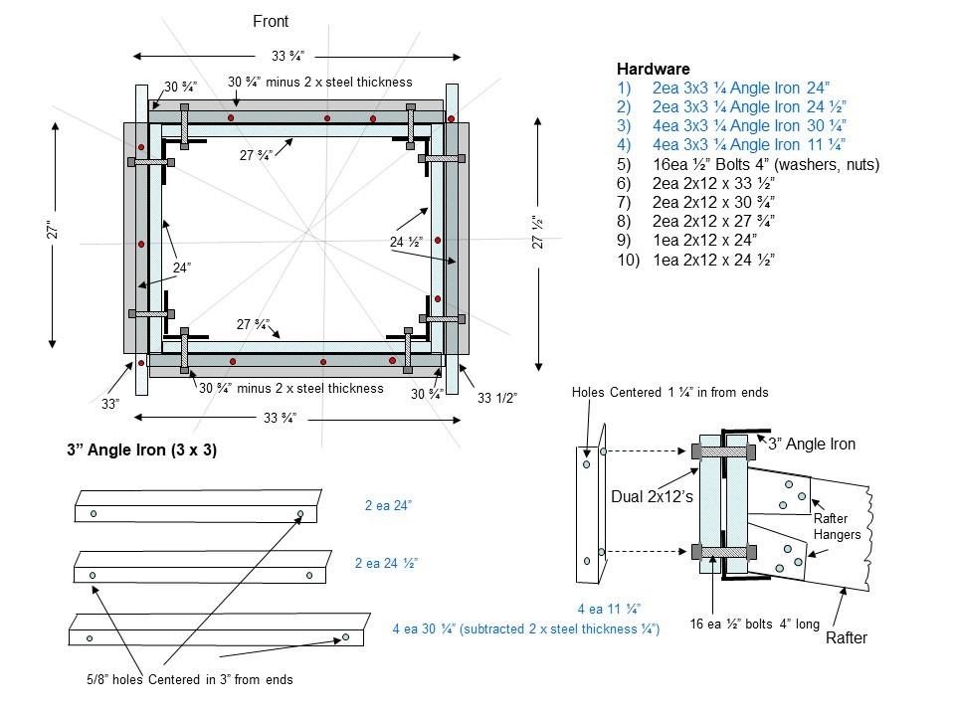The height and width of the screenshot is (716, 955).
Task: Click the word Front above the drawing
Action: coord(272,21)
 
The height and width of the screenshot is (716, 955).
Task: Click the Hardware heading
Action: coord(653,70)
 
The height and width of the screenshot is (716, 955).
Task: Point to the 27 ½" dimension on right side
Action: coord(536,232)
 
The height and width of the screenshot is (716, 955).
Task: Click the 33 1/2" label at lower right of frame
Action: coord(497,399)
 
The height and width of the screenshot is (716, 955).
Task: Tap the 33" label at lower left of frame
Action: coord(110,404)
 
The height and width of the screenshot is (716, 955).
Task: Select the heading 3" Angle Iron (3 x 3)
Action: coord(141,450)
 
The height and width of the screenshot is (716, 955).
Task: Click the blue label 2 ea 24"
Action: coord(388,506)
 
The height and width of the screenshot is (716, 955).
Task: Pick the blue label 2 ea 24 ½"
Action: coord(386,563)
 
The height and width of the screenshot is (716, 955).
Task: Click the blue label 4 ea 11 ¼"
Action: coord(609,609)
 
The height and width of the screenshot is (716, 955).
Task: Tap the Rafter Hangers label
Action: coord(838,526)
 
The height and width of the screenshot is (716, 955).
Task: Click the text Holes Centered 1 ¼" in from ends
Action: coord(669,392)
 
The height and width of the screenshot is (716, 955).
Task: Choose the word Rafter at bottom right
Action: coord(847,638)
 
